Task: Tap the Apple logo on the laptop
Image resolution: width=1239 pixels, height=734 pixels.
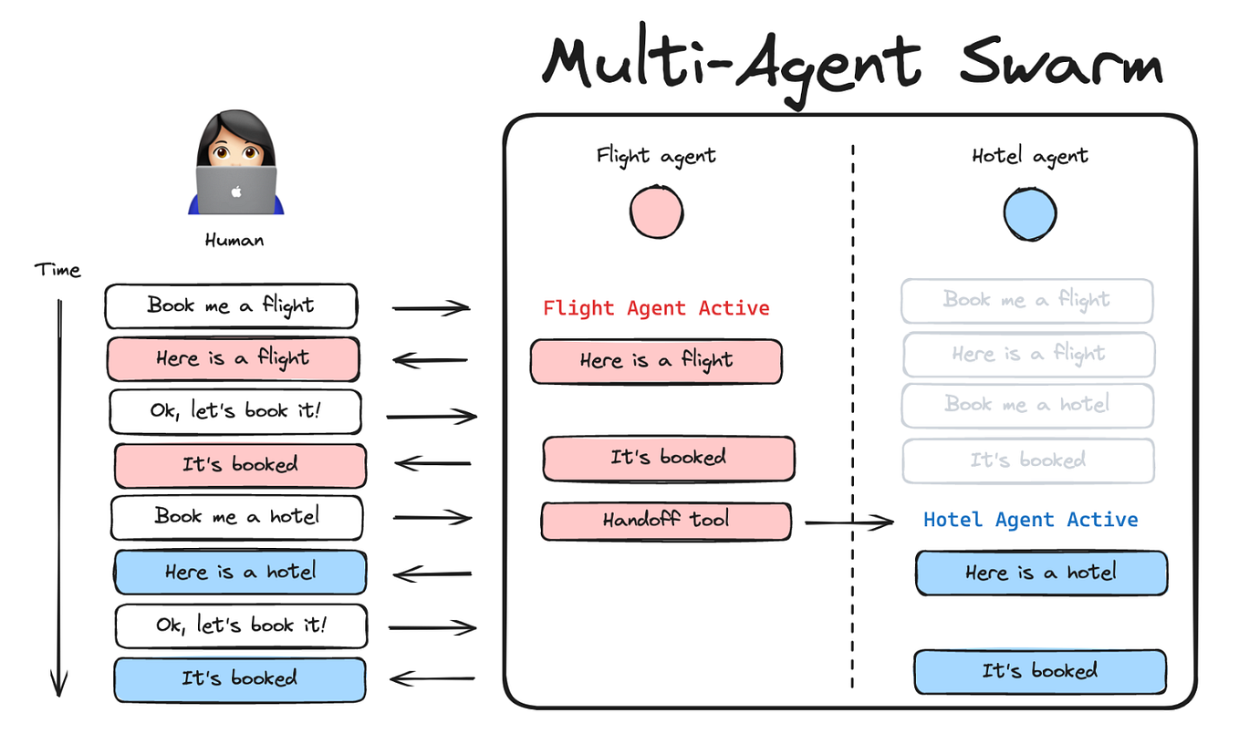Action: [x=236, y=191]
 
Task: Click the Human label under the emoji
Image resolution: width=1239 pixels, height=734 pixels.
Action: [x=234, y=241]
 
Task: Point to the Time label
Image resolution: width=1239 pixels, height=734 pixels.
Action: [x=57, y=270]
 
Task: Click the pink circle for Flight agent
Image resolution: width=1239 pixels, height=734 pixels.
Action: [x=656, y=212]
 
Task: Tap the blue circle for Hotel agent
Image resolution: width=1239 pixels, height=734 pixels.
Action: [x=1029, y=213]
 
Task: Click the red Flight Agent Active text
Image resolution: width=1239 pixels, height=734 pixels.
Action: [x=656, y=308]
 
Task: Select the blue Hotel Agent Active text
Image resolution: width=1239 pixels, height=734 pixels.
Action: [x=1030, y=520]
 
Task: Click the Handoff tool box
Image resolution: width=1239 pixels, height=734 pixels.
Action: [x=666, y=521]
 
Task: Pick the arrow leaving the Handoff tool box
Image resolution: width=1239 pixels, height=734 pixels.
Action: [x=849, y=522]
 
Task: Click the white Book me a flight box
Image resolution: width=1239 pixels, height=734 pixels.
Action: [x=231, y=306]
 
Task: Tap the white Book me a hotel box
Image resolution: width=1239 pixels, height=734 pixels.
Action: [x=236, y=517]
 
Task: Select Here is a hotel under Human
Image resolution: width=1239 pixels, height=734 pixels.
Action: [x=240, y=573]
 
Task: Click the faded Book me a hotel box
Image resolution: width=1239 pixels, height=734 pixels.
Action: [x=1027, y=405]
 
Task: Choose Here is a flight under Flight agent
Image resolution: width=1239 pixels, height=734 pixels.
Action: [x=656, y=361]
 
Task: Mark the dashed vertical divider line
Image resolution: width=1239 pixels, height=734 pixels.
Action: [x=853, y=410]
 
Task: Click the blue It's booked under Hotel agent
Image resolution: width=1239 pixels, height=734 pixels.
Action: [x=1039, y=672]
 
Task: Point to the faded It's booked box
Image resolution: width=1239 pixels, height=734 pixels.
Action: [x=1028, y=461]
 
